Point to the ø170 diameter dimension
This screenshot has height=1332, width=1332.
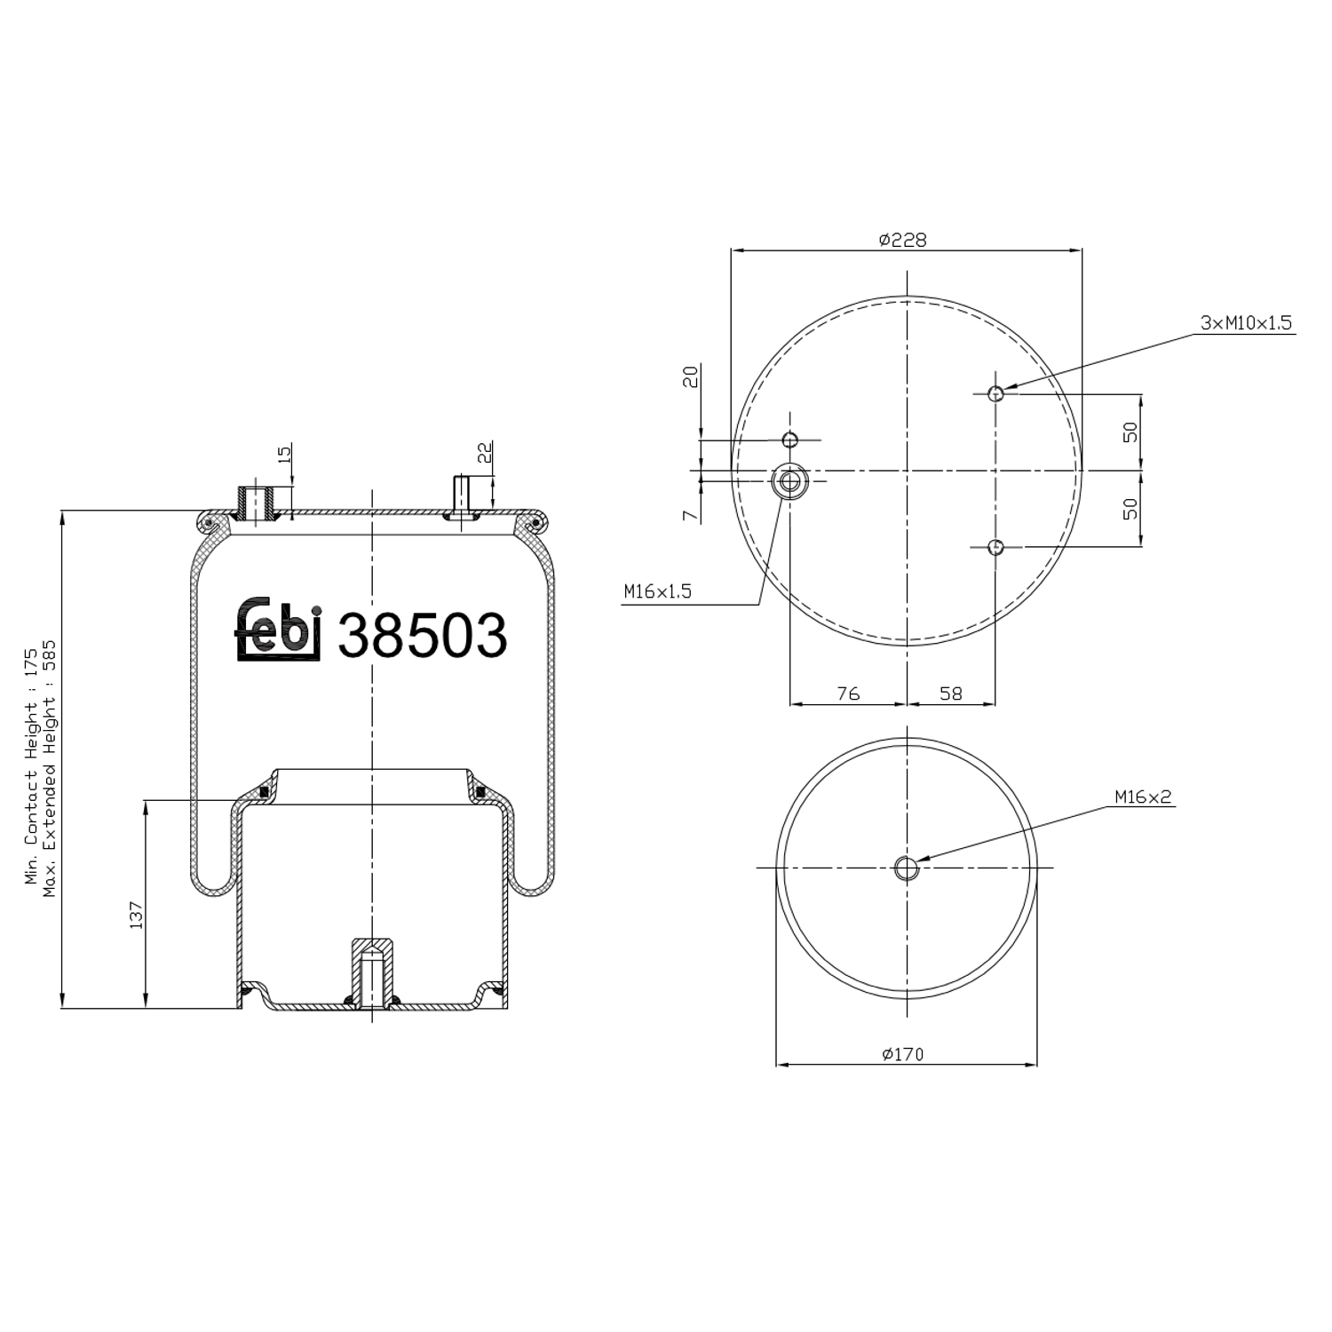click(903, 1054)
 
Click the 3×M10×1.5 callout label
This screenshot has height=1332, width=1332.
click(1246, 324)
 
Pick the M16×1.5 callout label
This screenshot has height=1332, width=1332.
click(657, 591)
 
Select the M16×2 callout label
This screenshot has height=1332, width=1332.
click(1144, 797)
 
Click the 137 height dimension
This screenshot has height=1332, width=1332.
click(136, 915)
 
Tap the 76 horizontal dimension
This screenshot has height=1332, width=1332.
click(848, 694)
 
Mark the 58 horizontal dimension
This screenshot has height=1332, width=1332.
click(950, 694)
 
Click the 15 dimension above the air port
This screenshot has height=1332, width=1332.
click(284, 454)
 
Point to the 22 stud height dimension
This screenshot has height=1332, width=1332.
click(485, 453)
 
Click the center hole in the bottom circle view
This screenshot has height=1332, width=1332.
click(906, 868)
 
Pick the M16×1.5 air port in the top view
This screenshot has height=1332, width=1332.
click(789, 480)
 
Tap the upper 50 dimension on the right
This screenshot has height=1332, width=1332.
click(1130, 432)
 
